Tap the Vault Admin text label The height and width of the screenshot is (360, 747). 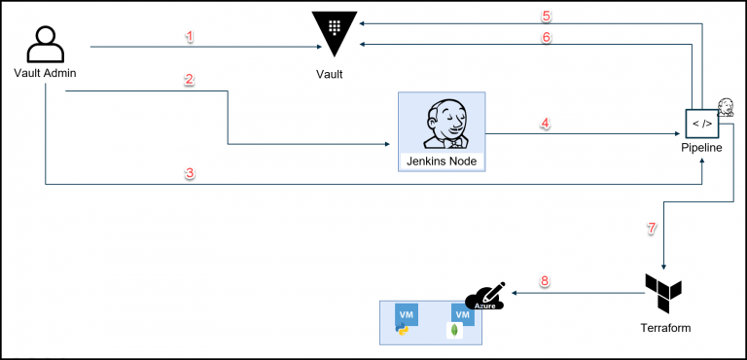click(x=46, y=73)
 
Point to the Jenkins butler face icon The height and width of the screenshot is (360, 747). click(x=443, y=124)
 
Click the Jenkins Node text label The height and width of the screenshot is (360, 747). click(x=443, y=160)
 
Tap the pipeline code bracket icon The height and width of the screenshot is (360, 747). click(x=700, y=124)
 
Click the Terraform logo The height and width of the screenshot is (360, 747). click(x=663, y=292)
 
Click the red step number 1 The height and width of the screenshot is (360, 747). click(x=190, y=36)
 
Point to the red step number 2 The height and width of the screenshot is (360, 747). click(x=190, y=80)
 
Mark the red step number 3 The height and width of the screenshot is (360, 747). click(x=190, y=173)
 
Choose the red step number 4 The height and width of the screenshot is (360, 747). click(x=545, y=124)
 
